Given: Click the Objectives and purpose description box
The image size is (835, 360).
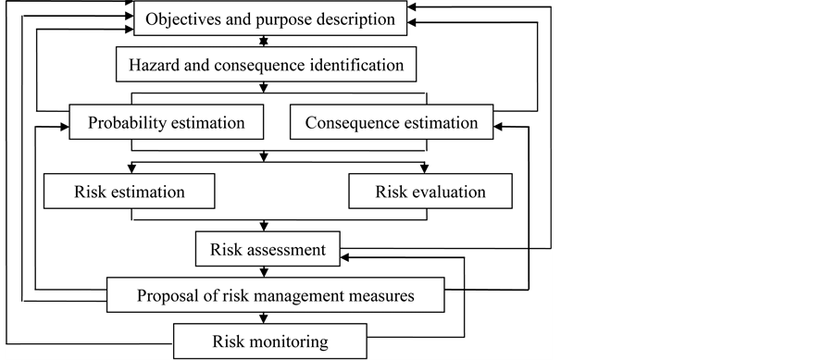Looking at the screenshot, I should coord(269,19).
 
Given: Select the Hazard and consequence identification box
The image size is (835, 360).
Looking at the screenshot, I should coord(266,66).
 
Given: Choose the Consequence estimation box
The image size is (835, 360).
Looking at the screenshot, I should coord(392,122).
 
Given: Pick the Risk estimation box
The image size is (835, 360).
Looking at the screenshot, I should coord(130,192).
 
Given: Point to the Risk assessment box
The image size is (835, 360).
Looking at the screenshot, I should coord(268,249).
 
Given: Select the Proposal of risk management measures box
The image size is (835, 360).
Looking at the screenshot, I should coord(275,297).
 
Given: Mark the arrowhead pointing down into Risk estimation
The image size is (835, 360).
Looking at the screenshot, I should coord(131,168).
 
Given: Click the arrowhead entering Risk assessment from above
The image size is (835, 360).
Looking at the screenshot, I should coord(267,227).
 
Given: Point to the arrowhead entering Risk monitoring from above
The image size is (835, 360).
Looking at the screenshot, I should coord(267,320).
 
